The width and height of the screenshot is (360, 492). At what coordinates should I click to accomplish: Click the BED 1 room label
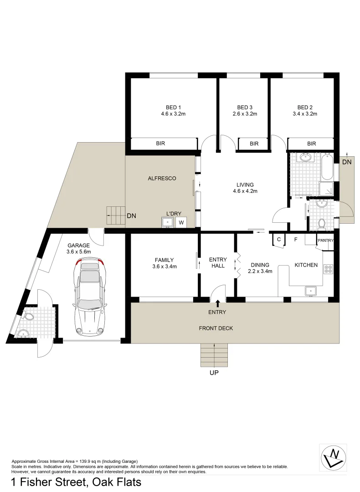click(173, 107)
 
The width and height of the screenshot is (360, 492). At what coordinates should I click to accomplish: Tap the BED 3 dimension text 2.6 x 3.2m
click(245, 114)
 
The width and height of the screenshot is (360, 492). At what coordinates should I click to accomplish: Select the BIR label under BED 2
click(311, 143)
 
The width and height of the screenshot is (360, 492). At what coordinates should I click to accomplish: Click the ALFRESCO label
click(162, 178)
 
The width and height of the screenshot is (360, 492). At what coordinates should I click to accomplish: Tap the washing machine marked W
click(181, 223)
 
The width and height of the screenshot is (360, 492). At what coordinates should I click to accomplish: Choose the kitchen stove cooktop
click(328, 268)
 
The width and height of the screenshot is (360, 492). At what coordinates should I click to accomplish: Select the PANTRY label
click(326, 241)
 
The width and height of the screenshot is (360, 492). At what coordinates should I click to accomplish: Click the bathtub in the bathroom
click(327, 166)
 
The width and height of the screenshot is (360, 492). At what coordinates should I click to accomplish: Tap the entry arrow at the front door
click(218, 302)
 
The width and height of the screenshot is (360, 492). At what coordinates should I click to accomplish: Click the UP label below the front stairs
click(214, 373)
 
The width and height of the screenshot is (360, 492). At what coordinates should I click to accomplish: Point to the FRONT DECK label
click(216, 328)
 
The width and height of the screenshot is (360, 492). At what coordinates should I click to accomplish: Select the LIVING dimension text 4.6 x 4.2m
click(245, 191)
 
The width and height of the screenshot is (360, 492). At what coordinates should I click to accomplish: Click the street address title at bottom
click(76, 482)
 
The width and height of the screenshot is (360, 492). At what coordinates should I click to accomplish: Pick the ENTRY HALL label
click(218, 262)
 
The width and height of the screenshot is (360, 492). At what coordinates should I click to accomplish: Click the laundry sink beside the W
click(168, 223)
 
